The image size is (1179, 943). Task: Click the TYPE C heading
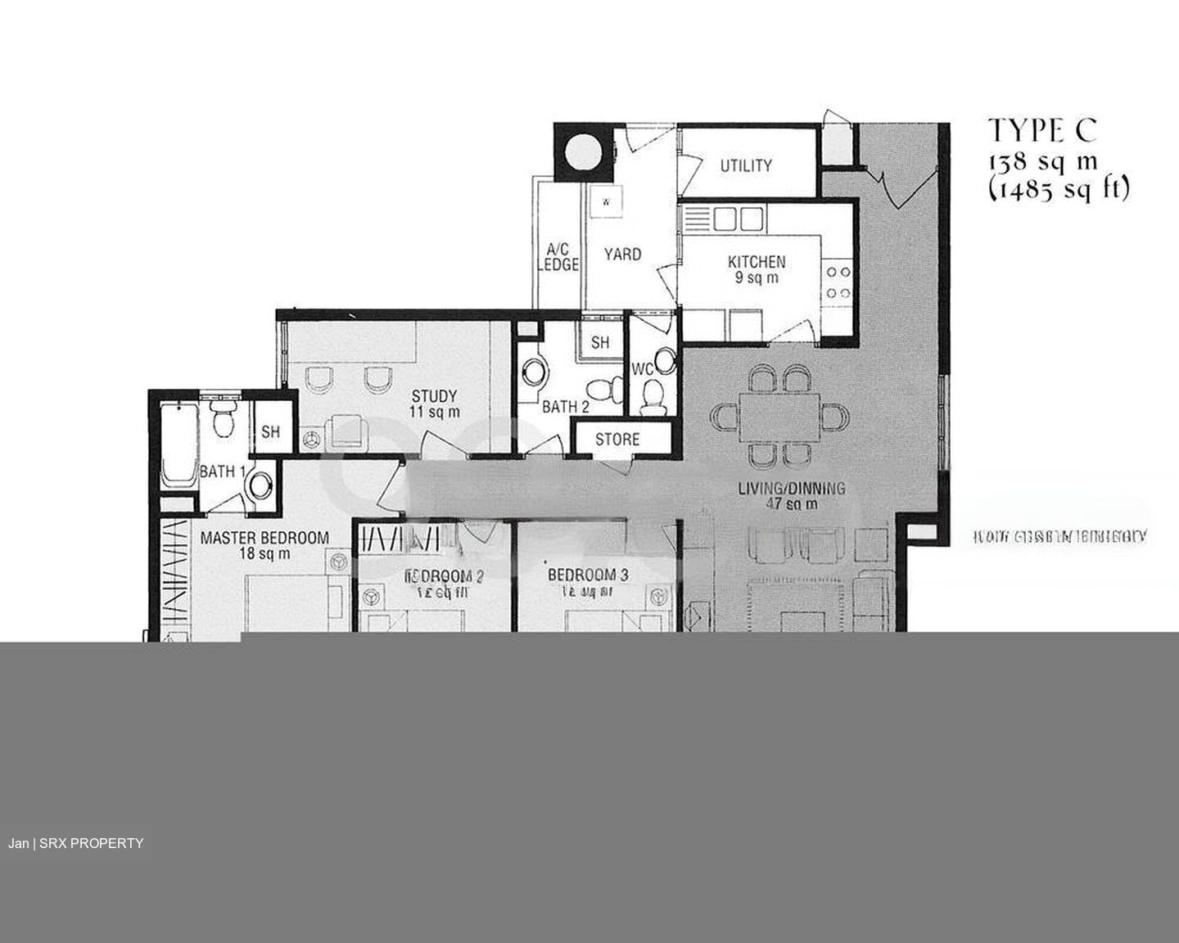click(1041, 129)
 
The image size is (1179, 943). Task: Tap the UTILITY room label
click(746, 165)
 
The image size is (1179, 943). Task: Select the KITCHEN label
click(757, 263)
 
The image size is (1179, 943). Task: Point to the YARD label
click(622, 254)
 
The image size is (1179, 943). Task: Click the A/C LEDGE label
click(559, 256)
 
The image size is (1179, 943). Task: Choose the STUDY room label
click(435, 397)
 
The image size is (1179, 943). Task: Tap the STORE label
click(617, 440)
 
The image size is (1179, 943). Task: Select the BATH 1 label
click(223, 471)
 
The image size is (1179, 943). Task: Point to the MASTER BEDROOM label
click(264, 538)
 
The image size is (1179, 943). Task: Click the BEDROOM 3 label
click(588, 575)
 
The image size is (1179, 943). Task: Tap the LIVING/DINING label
click(791, 489)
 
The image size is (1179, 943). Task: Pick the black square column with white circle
click(582, 150)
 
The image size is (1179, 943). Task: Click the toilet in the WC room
click(653, 400)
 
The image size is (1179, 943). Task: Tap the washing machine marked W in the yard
click(607, 201)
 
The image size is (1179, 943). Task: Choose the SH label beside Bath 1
click(271, 431)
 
